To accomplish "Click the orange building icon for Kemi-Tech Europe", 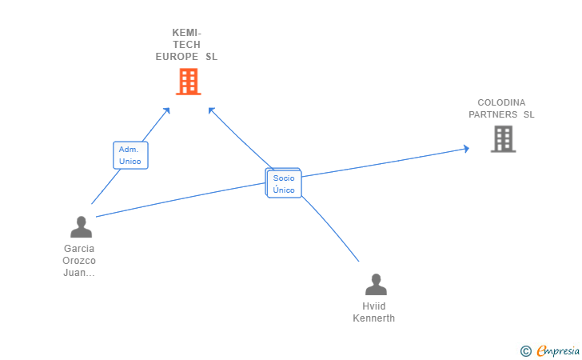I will coord(188,81).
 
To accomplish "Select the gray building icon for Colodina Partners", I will coord(503,138).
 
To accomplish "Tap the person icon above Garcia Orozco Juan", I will coord(81,227).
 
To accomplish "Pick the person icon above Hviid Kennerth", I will coord(376,284).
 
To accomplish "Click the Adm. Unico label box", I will coord(130,155).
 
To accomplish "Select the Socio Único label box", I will coord(284,184).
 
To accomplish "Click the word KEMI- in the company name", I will coord(187,33).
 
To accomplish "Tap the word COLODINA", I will coord(502,102).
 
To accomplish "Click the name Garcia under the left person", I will coord(79,249).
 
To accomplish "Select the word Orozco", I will coord(79,261).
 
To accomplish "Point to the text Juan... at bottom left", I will coord(79,273).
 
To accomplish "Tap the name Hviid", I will coord(374,306).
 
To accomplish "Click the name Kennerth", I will coord(374,318).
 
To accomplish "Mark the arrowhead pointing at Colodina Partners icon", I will coord(465,148).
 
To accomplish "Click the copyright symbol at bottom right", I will coord(525,350).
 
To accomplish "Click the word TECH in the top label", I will coord(187,45).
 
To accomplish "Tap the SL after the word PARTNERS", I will coord(528,114).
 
